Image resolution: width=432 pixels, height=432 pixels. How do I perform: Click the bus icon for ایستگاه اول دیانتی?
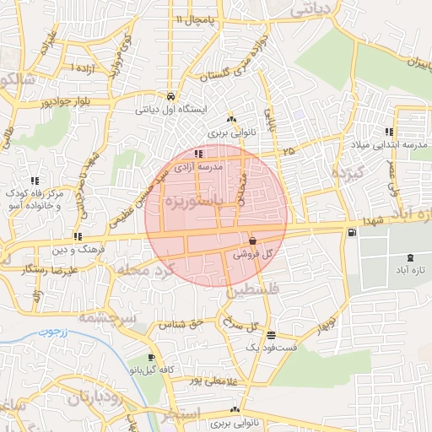pyautogui.click(x=172, y=95)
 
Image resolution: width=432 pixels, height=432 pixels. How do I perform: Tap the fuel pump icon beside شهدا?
pyautogui.click(x=351, y=232)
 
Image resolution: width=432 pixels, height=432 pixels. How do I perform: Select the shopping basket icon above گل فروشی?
pyautogui.click(x=252, y=240)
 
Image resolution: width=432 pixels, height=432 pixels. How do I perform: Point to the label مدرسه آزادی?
pyautogui.click(x=197, y=167)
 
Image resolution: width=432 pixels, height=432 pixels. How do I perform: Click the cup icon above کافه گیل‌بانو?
pyautogui.click(x=151, y=358)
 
